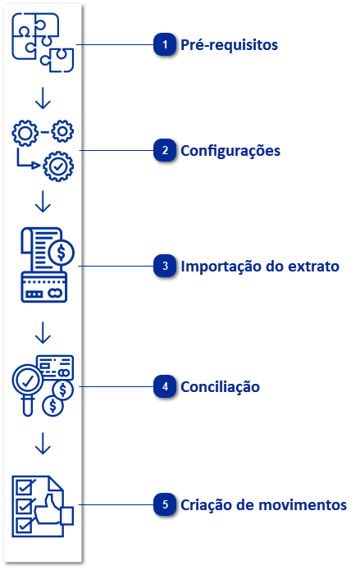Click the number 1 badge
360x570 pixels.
[166, 45]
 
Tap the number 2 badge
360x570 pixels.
[166, 151]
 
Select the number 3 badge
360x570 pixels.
[166, 267]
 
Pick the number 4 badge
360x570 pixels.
[166, 387]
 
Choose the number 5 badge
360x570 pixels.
[166, 505]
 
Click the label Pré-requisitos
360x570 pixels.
[230, 45]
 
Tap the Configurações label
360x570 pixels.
[230, 151]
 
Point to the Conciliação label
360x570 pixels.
[221, 387]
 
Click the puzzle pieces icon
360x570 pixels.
[43, 43]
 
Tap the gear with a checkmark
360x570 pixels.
[57, 166]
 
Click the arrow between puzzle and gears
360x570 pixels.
[43, 98]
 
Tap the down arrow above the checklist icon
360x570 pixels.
[43, 444]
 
